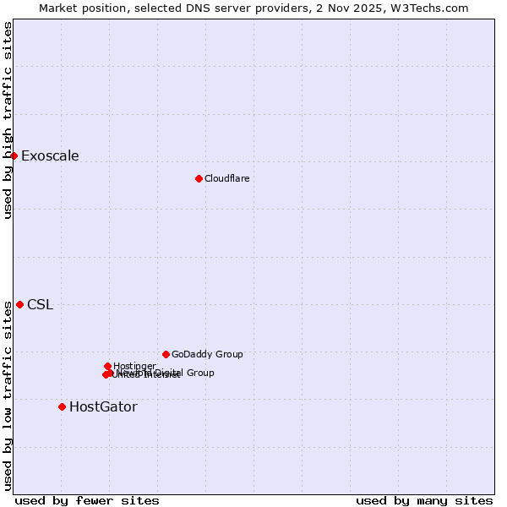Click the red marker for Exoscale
pos(14,155)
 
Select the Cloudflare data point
pos(199,178)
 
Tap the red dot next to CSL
pos(19,304)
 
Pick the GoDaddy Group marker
pos(166,354)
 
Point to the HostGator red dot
pos(62,406)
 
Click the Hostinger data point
pos(107,366)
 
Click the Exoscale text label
pos(50,155)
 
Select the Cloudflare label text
pos(226,178)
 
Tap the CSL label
pos(40,305)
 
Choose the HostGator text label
pos(103,407)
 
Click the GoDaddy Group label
pos(207,354)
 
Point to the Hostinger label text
pos(134,366)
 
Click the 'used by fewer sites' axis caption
pos(87,500)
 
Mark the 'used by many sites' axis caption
pos(424,500)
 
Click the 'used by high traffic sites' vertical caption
pos(8,120)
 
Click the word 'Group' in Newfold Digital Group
pos(200,373)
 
